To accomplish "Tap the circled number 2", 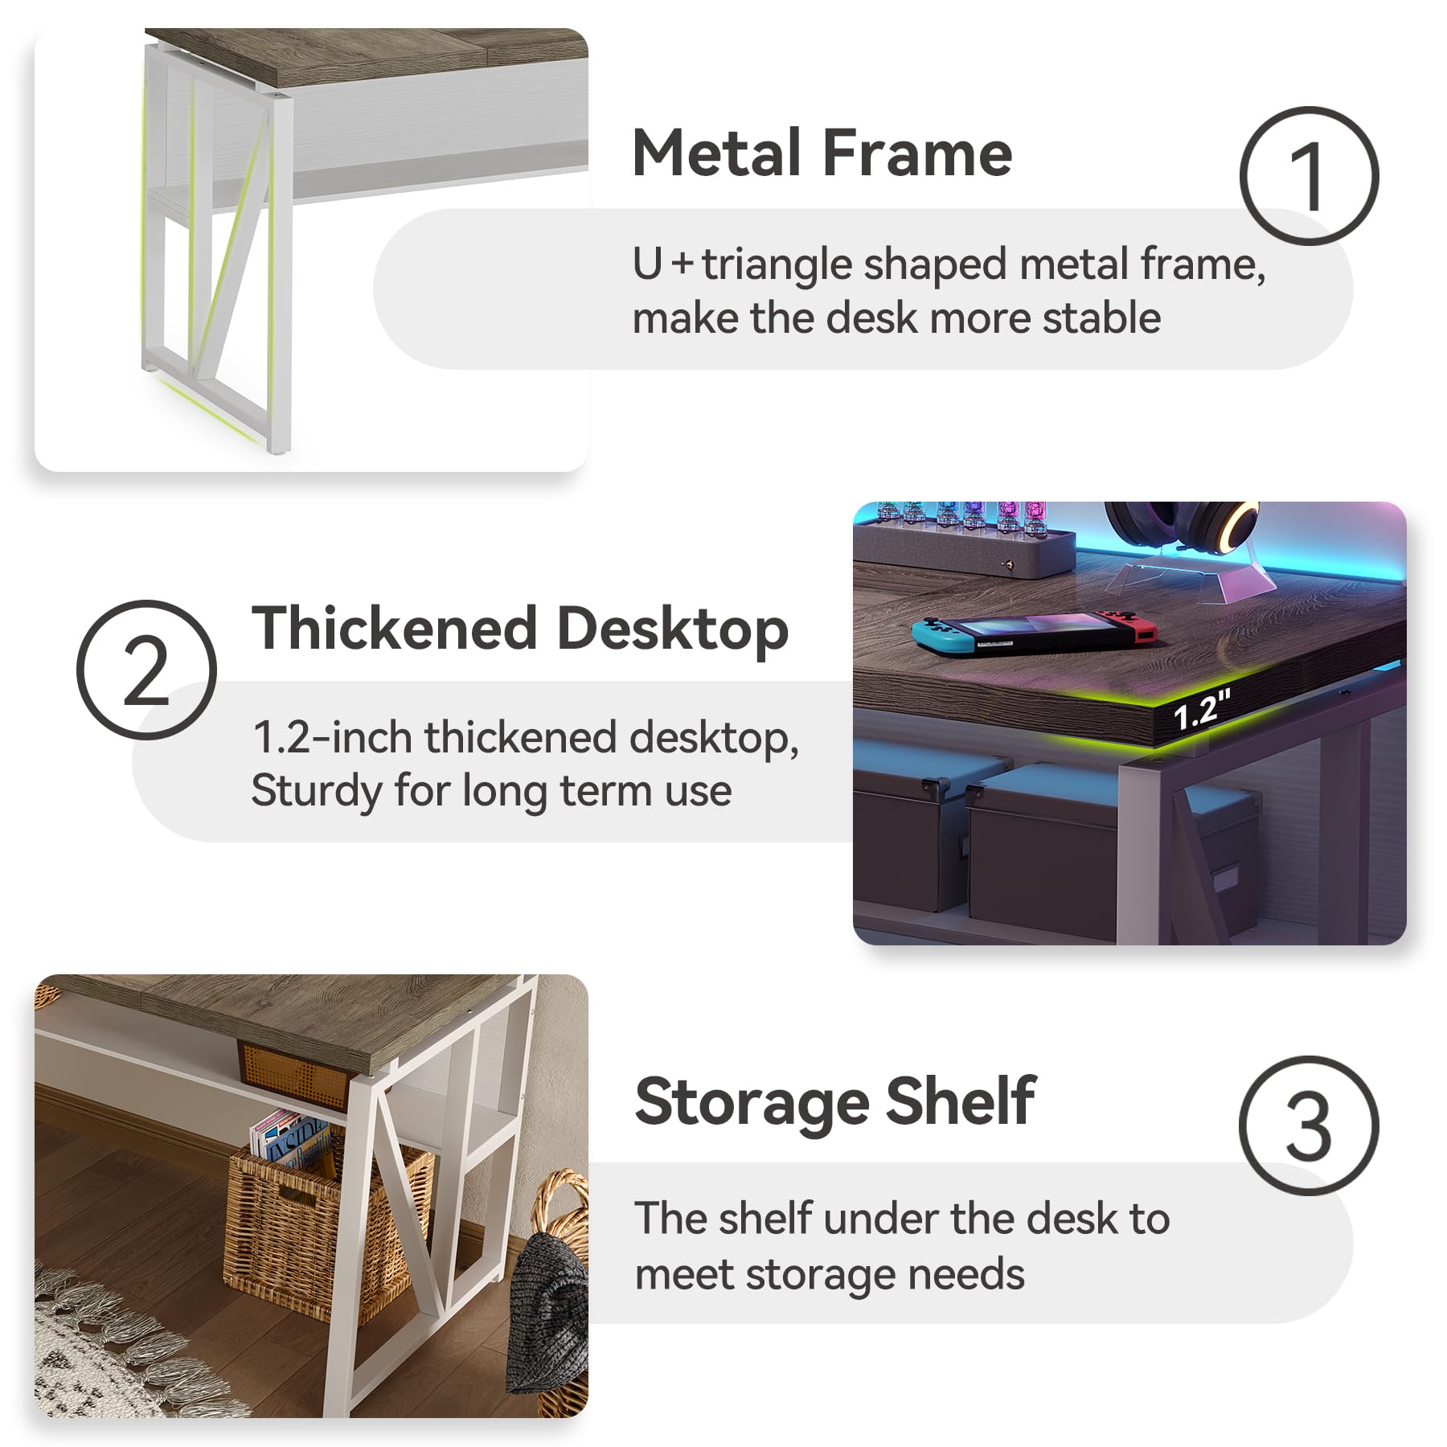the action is coord(146,670).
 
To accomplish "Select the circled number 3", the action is coord(1309,1125).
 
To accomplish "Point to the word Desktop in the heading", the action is coord(673,629).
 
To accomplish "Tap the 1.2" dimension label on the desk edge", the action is coord(1202,709).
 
